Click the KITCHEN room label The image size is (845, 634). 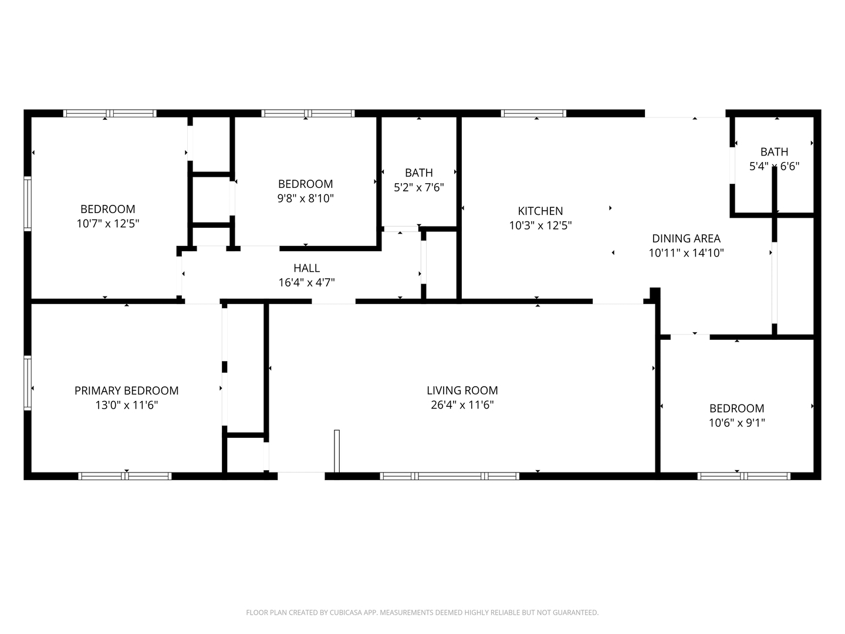(x=540, y=211)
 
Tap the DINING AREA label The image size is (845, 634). (x=686, y=239)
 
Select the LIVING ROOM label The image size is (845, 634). (x=462, y=390)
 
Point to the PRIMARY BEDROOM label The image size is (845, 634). (x=126, y=391)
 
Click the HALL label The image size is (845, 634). (x=306, y=268)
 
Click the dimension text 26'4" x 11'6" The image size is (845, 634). (x=462, y=405)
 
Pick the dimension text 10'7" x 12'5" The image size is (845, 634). (x=108, y=224)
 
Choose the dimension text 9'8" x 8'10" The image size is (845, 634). (x=305, y=198)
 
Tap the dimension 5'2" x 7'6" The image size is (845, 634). (x=419, y=187)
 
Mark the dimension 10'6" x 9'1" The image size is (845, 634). (x=737, y=423)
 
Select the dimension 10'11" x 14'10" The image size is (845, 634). (x=686, y=253)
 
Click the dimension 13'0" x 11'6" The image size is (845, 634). (x=127, y=405)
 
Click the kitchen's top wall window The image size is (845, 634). (x=533, y=113)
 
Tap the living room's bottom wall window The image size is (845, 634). (x=449, y=476)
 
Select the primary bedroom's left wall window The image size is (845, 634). (x=28, y=383)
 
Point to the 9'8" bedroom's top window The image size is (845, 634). (x=307, y=113)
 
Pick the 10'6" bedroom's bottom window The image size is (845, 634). (x=743, y=476)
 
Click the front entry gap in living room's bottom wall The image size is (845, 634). (x=301, y=476)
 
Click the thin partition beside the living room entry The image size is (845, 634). (x=337, y=451)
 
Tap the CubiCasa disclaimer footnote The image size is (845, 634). (x=422, y=612)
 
